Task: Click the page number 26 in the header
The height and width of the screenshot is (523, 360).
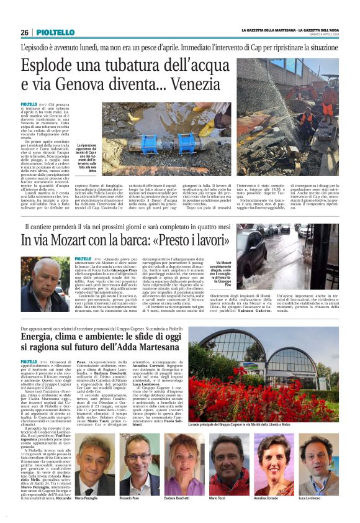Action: (x=25, y=32)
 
